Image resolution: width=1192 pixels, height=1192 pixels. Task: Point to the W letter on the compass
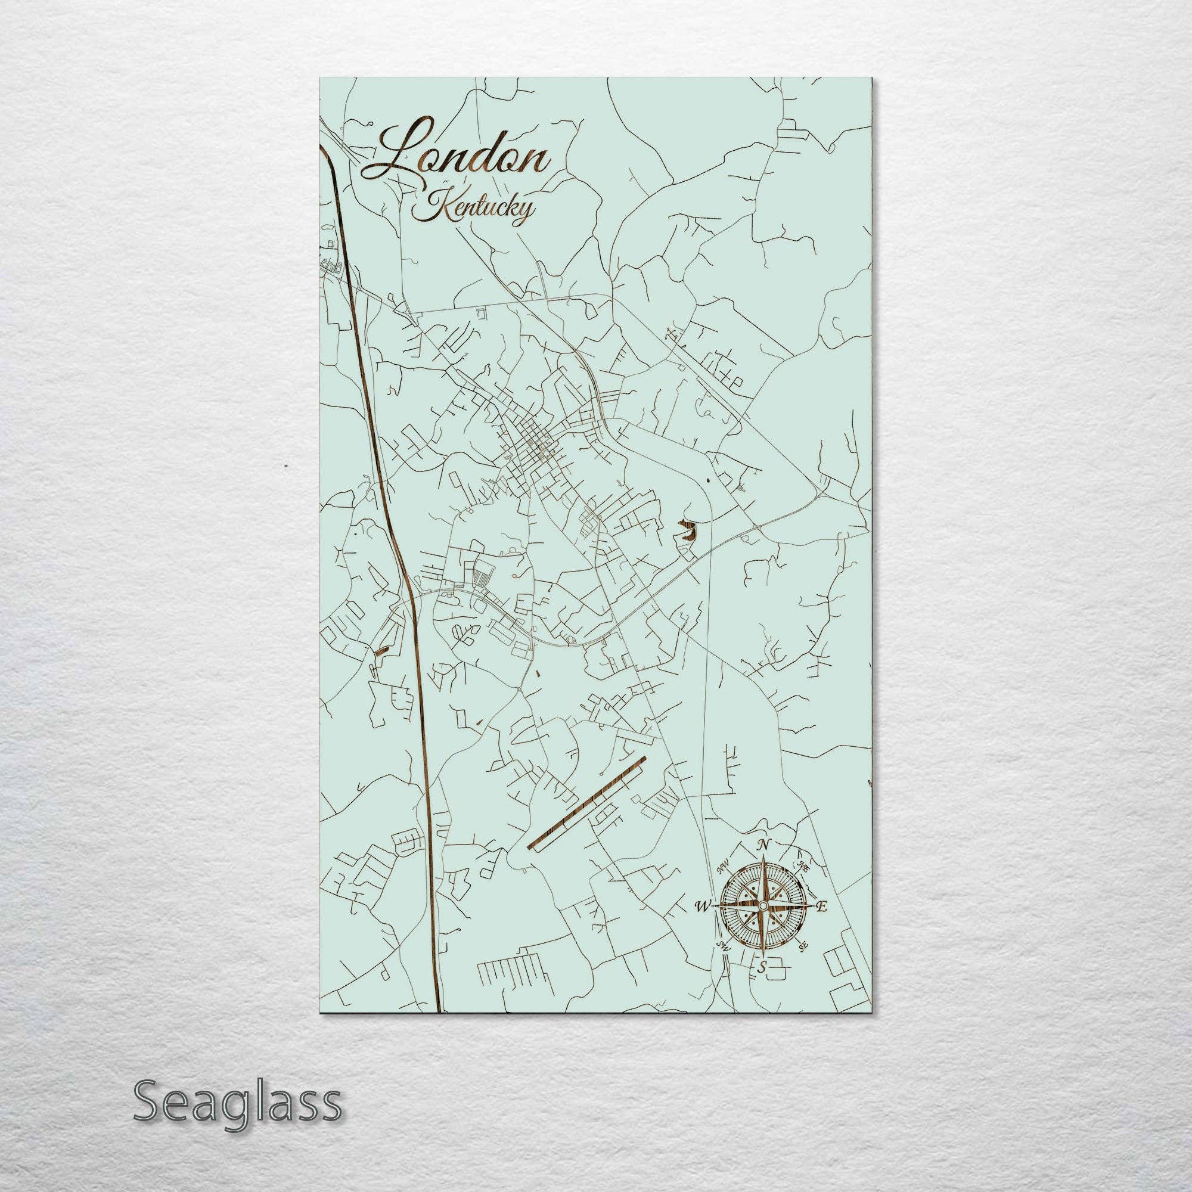click(x=701, y=906)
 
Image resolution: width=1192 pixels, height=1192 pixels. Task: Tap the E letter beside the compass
click(x=821, y=907)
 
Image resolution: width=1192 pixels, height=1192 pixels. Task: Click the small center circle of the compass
click(x=763, y=905)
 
